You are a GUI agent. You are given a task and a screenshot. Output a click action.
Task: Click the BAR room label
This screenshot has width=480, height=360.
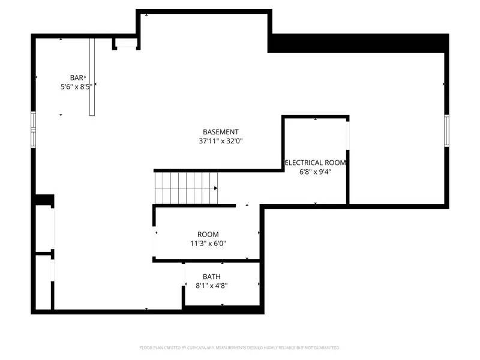pyautogui.click(x=76, y=77)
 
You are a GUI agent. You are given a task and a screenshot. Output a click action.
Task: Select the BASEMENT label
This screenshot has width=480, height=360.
pyautogui.click(x=221, y=132)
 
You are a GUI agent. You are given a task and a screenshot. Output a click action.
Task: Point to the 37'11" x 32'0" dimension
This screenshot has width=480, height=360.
pyautogui.click(x=221, y=142)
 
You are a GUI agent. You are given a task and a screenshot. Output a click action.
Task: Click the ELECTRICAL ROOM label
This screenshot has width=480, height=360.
pyautogui.click(x=316, y=163)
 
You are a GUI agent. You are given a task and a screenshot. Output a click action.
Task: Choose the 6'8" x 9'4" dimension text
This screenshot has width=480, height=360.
pyautogui.click(x=316, y=172)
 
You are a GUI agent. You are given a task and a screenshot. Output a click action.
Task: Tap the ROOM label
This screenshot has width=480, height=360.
pyautogui.click(x=208, y=234)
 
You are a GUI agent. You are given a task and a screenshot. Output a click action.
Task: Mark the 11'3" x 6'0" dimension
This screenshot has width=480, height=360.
pyautogui.click(x=208, y=244)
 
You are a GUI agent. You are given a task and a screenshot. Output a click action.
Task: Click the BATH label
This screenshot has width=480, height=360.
pyautogui.click(x=211, y=277)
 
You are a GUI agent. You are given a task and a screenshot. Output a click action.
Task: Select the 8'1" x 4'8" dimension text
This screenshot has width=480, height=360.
pyautogui.click(x=211, y=286)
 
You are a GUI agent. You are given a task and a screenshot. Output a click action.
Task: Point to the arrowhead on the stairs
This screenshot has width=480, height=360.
pyautogui.click(x=215, y=188)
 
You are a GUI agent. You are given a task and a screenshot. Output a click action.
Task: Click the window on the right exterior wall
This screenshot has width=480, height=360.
pyautogui.click(x=446, y=130)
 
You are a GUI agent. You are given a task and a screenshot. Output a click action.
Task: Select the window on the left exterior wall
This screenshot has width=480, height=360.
pyautogui.click(x=34, y=130)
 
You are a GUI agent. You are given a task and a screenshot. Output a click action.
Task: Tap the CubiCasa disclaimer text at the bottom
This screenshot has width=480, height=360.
pyautogui.click(x=240, y=347)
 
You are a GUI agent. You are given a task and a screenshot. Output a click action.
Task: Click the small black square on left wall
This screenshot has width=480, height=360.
pyautogui.click(x=44, y=200)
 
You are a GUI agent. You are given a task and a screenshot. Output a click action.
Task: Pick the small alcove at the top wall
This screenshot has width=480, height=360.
pyautogui.click(x=126, y=43)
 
